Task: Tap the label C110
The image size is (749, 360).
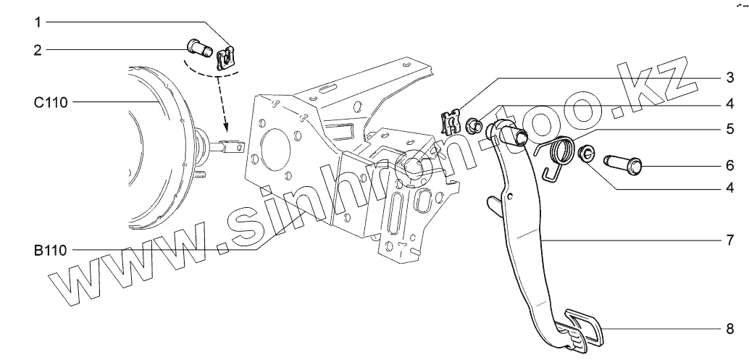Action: pyautogui.click(x=51, y=103)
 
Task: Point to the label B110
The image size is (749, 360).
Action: pyautogui.click(x=50, y=251)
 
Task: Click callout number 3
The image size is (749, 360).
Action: pyautogui.click(x=731, y=77)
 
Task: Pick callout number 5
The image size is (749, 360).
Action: pyautogui.click(x=731, y=131)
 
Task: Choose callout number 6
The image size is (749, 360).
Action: pyautogui.click(x=731, y=164)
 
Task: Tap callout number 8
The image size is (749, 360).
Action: pyautogui.click(x=731, y=328)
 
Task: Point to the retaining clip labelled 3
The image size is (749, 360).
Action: pyautogui.click(x=451, y=121)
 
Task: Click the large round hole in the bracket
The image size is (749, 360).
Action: pyautogui.click(x=272, y=148)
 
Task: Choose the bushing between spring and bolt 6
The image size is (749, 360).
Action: pyautogui.click(x=587, y=153)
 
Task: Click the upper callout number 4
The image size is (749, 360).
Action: pyautogui.click(x=731, y=104)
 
